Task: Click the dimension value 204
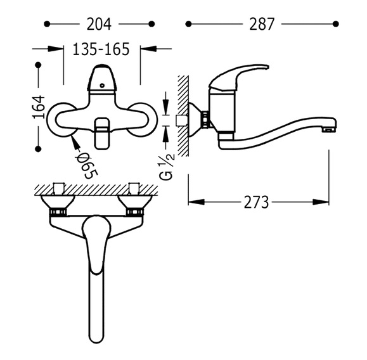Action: click(99, 24)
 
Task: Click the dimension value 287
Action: click(261, 24)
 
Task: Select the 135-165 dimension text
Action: click(101, 49)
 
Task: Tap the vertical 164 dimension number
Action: click(39, 106)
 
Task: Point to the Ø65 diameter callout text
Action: click(87, 165)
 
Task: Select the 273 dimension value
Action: click(256, 202)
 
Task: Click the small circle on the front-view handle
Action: click(102, 86)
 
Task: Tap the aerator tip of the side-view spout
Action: click(330, 129)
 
